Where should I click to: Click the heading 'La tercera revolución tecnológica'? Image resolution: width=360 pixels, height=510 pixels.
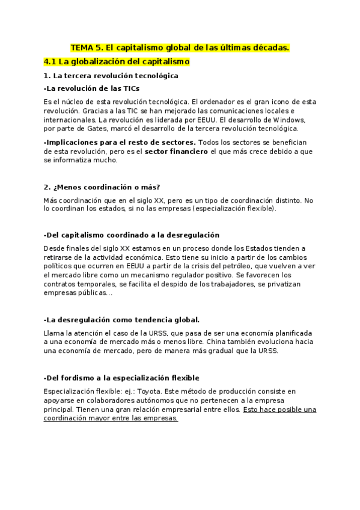[115, 76]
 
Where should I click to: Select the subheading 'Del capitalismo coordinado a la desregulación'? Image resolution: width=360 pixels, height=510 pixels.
[132, 235]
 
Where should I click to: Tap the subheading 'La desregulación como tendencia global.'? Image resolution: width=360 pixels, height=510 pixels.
[122, 319]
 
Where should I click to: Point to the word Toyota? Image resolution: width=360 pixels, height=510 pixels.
[146, 391]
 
